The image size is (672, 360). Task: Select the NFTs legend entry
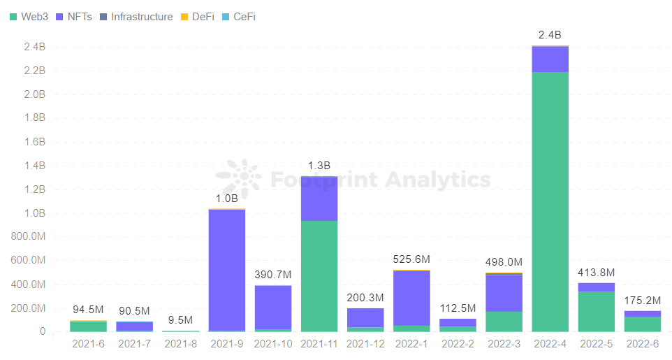(x=74, y=16)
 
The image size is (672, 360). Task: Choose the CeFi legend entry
(x=238, y=16)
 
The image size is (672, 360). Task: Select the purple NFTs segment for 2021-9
(x=226, y=269)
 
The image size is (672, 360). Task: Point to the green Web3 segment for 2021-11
(x=319, y=276)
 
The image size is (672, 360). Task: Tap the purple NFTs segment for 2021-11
(x=319, y=199)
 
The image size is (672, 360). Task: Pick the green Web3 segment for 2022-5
(x=596, y=311)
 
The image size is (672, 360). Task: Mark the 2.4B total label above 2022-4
(x=550, y=35)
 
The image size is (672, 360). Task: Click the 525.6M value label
(x=411, y=259)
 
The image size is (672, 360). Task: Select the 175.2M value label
(x=642, y=301)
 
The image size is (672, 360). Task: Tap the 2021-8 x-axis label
(x=180, y=344)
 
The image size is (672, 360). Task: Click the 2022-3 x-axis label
(x=504, y=344)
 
